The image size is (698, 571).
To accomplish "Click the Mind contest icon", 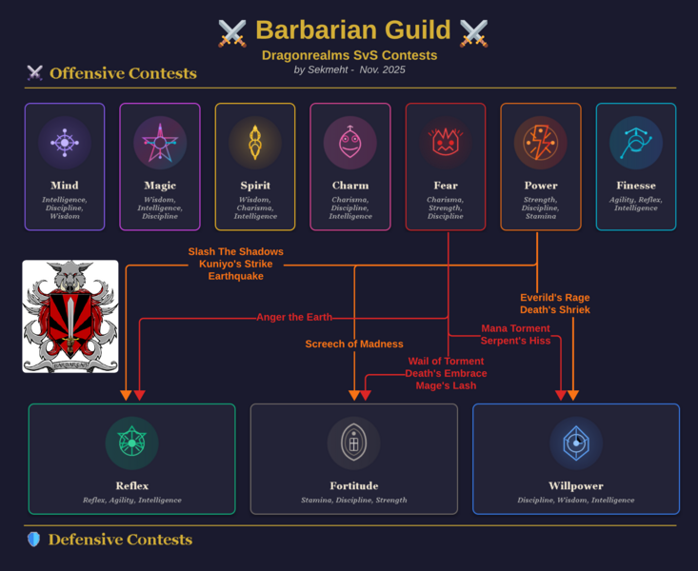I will (x=65, y=143).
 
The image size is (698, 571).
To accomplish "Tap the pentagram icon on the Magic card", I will (x=160, y=143).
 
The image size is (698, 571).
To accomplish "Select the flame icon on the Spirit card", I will (x=255, y=143).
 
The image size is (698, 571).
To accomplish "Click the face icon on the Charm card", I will (x=350, y=143).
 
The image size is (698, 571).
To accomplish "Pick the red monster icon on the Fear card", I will (x=446, y=143).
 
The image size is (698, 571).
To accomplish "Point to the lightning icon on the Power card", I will (x=541, y=143).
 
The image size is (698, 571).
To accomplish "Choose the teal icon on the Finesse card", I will (x=636, y=143).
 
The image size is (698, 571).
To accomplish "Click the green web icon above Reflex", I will (x=131, y=443).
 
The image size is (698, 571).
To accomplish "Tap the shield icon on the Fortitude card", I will (x=353, y=443).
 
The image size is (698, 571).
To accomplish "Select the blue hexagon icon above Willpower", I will (x=576, y=443).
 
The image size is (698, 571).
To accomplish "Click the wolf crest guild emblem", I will (x=70, y=316).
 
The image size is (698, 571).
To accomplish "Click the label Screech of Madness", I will (x=354, y=344).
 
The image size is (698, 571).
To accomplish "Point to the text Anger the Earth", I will (x=294, y=317).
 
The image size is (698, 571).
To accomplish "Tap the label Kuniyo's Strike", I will (x=235, y=264).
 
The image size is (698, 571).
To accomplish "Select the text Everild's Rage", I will (x=555, y=297).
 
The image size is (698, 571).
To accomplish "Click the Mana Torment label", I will (x=515, y=328).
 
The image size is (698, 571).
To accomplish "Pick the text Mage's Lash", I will (x=446, y=385).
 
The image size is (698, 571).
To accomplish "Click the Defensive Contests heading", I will (x=120, y=540).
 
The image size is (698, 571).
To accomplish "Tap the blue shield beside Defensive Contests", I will (x=33, y=540).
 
